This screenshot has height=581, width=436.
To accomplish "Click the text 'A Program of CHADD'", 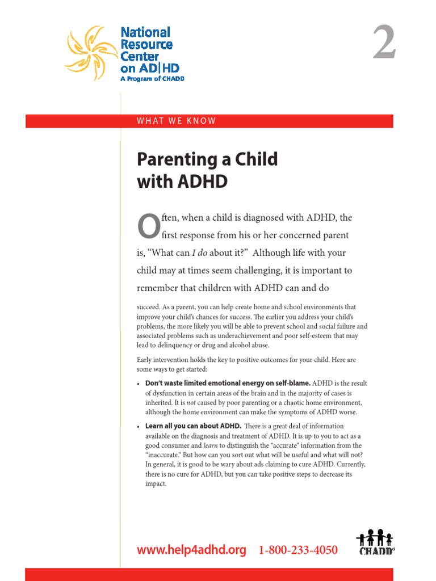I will [152, 79].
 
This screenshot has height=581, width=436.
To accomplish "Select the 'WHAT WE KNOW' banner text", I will [177, 121].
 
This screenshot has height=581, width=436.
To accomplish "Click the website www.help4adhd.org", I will [192, 550].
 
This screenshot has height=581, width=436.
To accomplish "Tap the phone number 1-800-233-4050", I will [298, 550].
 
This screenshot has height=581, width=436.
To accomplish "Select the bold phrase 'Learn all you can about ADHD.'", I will [193, 426].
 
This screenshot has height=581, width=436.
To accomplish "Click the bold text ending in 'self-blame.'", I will [228, 384].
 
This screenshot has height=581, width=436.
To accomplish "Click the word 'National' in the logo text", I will [145, 32].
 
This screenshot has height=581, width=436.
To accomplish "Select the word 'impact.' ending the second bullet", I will [156, 484].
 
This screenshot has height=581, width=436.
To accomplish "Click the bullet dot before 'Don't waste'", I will [139, 384].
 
